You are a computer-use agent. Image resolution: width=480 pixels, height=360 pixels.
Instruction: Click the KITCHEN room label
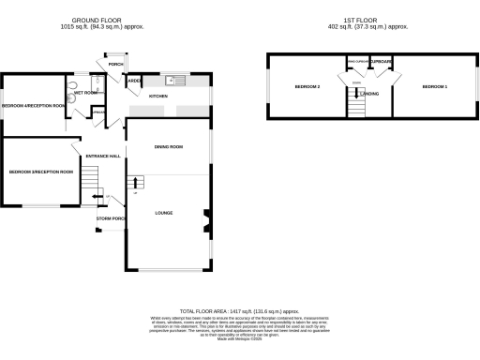coord(158,97)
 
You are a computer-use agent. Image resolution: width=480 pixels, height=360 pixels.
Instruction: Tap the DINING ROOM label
coord(169,146)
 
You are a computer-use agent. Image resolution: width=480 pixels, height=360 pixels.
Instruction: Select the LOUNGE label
coord(164,213)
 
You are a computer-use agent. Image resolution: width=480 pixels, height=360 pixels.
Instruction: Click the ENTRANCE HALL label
coord(103,156)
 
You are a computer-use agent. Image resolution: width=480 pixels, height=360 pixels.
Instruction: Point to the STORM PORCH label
coord(111,218)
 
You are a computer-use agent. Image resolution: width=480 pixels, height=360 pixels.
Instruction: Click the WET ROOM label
coord(86,93)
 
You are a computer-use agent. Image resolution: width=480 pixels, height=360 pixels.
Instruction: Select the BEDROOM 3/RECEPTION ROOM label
coord(40,172)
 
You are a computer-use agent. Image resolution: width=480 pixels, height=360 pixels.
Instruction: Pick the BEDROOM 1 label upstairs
coord(434,86)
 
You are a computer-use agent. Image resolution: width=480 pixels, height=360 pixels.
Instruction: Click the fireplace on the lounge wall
coord(207,222)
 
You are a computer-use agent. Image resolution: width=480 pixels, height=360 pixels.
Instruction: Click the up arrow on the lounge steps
coord(135,181)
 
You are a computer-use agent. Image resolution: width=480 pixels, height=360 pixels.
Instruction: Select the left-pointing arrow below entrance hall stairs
coord(101,196)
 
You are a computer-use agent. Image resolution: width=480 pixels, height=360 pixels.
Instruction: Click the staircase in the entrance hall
coord(89,177)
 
